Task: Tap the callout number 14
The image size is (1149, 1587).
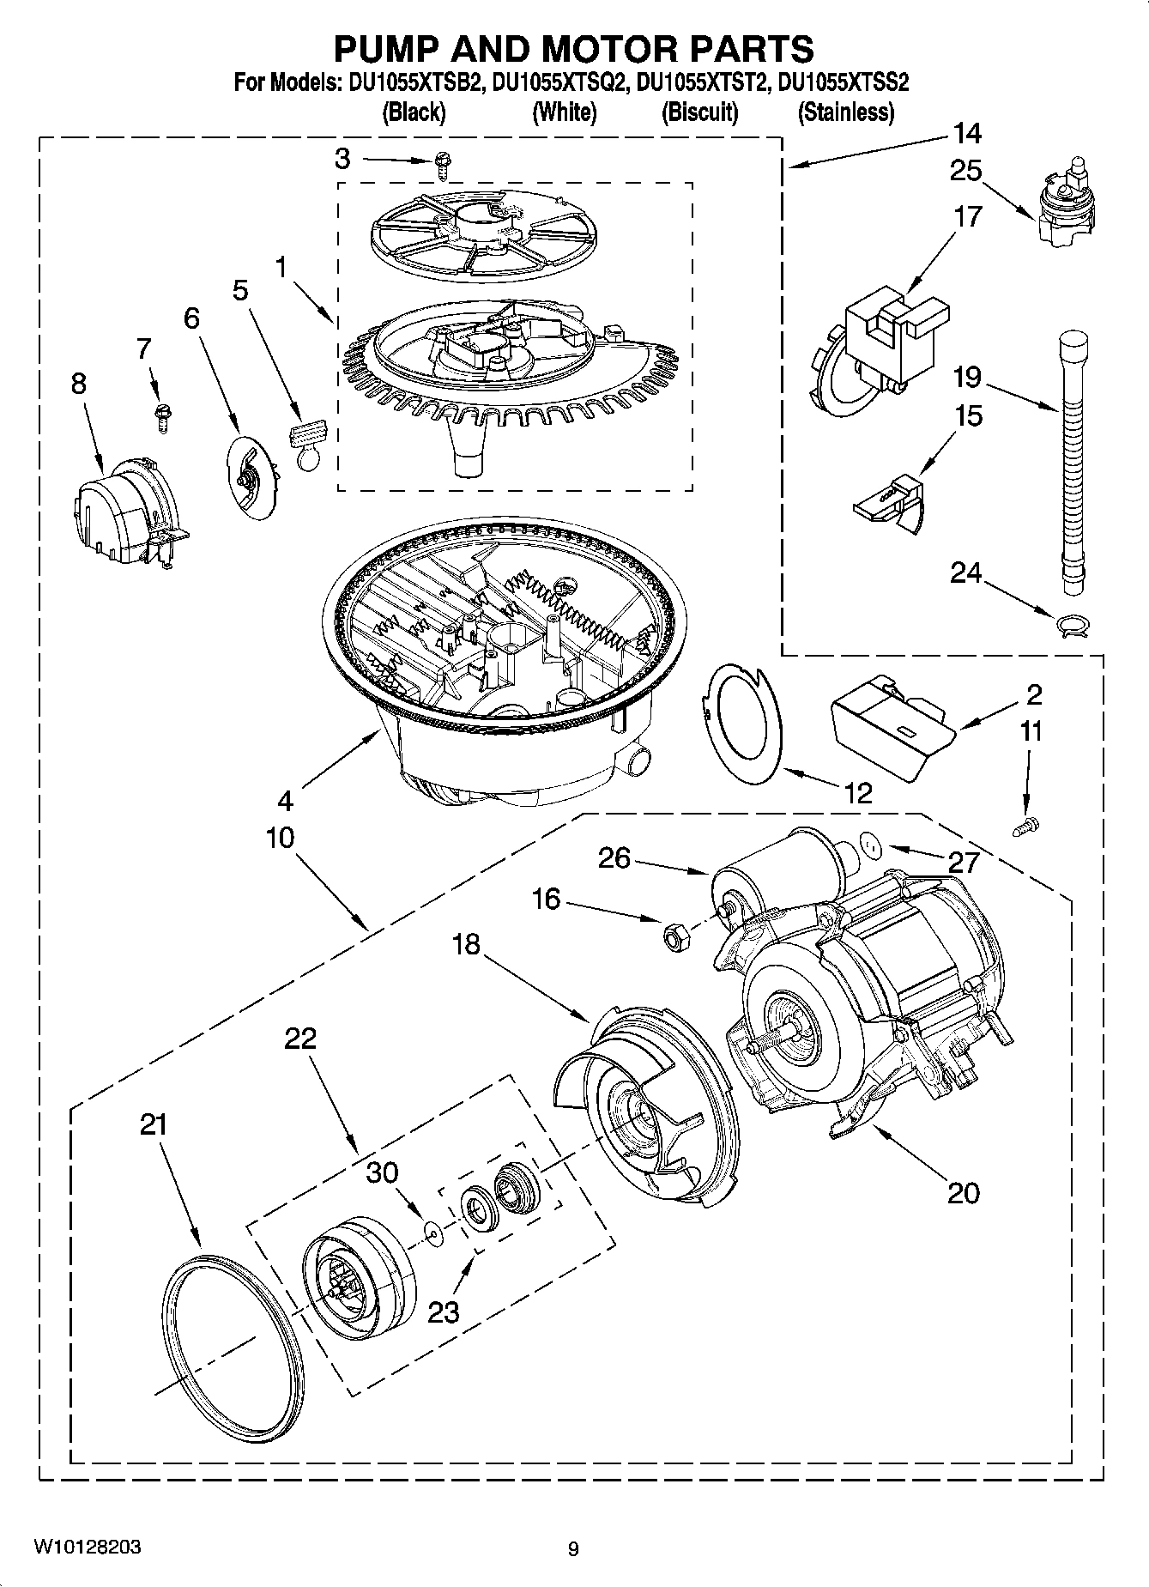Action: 966,135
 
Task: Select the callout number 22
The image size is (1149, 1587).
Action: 301,1039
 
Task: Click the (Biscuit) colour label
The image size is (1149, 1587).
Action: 699,112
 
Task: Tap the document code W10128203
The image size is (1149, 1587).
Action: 87,1547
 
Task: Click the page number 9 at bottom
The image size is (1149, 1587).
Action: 573,1548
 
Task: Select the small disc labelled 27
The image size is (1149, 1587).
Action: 871,847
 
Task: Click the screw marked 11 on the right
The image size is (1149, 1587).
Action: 1025,826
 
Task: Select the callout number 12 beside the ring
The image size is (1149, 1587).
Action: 857,792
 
